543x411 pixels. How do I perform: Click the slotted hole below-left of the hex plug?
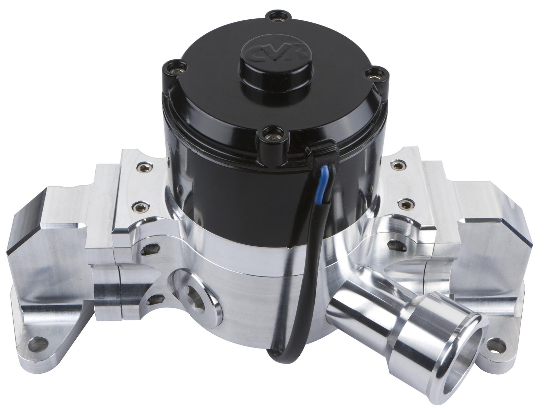click(154, 299)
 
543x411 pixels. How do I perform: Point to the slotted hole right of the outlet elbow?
click(395, 245)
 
